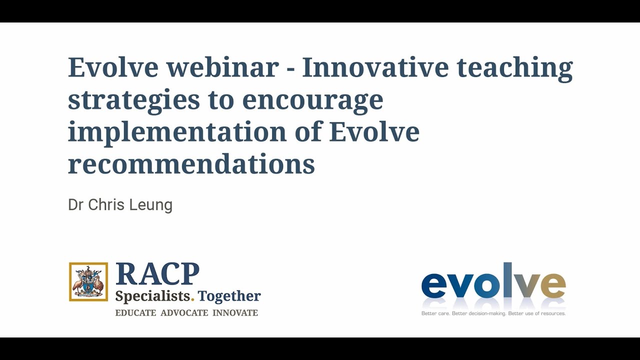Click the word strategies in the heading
pos(131,100)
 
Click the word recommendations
pos(191,163)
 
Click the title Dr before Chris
pos(75,205)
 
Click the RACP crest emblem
pos(88,282)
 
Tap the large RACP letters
pos(157,274)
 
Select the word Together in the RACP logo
pos(229,296)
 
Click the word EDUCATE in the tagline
pos(135,313)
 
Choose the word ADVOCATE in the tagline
pos(184,313)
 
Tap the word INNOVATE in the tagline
pos(235,313)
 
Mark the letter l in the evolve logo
pos(494,281)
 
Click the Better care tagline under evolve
pos(493,313)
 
